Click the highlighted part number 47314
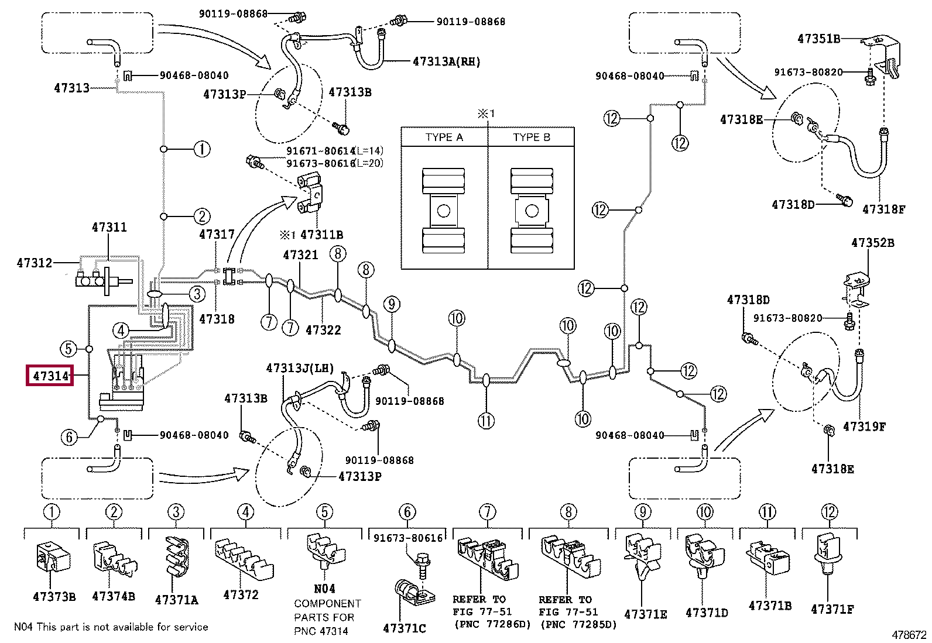50,376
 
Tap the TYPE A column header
444,137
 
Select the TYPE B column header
532,137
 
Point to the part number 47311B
321,235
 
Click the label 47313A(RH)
447,62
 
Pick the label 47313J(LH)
300,368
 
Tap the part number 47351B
819,39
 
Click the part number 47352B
872,243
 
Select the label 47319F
864,427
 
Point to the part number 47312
35,263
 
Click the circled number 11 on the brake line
486,421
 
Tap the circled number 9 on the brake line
392,304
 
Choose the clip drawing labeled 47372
244,561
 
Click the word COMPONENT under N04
327,603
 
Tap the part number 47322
323,330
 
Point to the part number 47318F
883,209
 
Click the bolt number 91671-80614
320,151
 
